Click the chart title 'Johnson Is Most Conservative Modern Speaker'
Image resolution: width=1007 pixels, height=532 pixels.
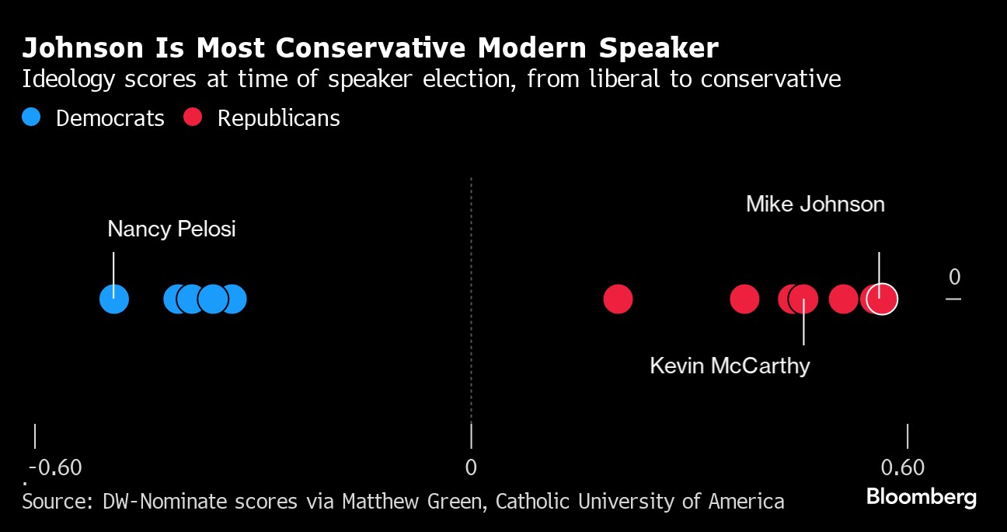[370, 48]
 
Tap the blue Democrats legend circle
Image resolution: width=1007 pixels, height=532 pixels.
[31, 117]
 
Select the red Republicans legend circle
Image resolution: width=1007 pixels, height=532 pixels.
[193, 117]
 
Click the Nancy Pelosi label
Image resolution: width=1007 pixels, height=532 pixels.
[171, 229]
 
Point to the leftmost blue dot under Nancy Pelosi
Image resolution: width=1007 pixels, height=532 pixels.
[114, 299]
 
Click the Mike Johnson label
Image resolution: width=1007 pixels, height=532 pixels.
[815, 205]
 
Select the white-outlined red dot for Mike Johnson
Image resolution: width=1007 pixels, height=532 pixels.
[881, 299]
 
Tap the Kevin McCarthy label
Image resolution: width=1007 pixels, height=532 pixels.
[730, 366]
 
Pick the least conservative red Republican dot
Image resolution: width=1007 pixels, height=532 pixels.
[618, 299]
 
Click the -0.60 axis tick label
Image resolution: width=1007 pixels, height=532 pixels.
[55, 468]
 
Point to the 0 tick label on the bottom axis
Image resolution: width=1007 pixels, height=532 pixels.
[471, 468]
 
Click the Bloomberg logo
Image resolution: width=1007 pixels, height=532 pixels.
[921, 497]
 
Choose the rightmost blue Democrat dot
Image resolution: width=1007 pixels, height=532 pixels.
[232, 299]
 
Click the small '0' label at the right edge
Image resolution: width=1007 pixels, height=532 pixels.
[954, 278]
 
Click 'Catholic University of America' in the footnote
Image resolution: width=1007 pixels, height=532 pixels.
[639, 501]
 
